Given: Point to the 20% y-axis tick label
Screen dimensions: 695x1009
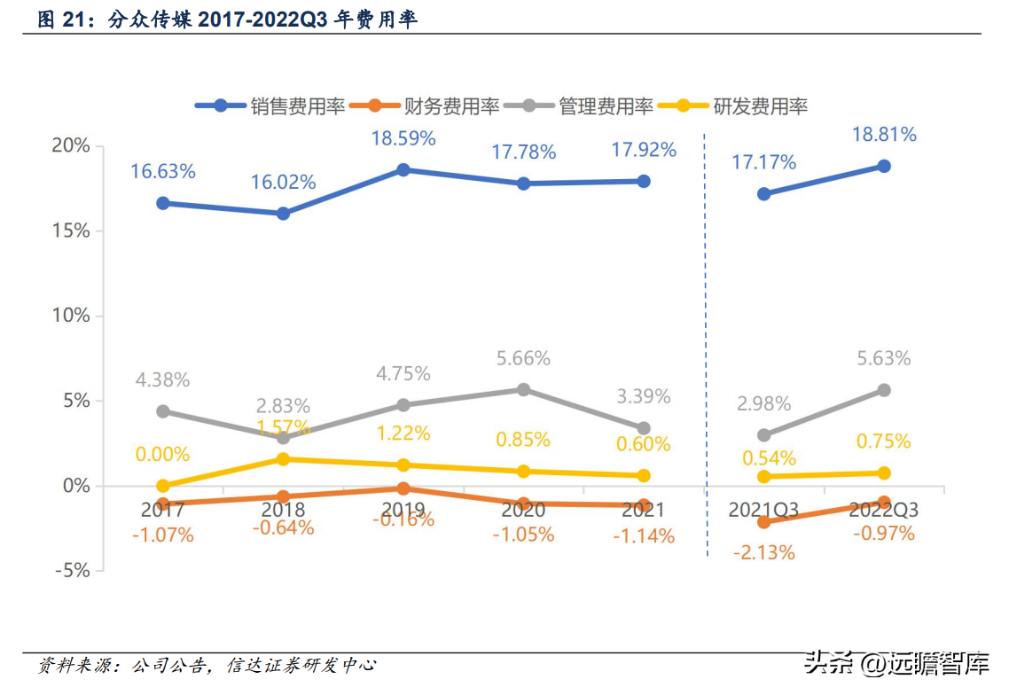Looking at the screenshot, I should tap(72, 145).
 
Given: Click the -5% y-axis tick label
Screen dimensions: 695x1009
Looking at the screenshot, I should tap(72, 570).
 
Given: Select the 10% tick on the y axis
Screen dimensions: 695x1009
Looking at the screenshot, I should tap(72, 316).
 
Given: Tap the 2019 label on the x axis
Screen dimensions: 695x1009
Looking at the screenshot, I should tap(403, 510).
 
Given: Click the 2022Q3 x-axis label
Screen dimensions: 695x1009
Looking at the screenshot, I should tap(883, 510).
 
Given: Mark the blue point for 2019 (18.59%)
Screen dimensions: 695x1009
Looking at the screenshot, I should tap(403, 169).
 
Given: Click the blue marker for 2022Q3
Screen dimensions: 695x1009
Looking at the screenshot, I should tap(884, 166).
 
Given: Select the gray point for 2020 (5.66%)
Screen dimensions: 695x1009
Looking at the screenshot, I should tap(524, 389).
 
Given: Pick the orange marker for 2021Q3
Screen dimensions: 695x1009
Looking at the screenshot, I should tap(764, 522).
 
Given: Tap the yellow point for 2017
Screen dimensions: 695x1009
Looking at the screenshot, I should tap(163, 486).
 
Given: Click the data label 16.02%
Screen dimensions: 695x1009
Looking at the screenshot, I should tap(284, 183).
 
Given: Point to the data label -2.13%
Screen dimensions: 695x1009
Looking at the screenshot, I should tap(764, 552).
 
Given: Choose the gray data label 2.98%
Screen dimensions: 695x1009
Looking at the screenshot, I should tap(764, 404).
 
